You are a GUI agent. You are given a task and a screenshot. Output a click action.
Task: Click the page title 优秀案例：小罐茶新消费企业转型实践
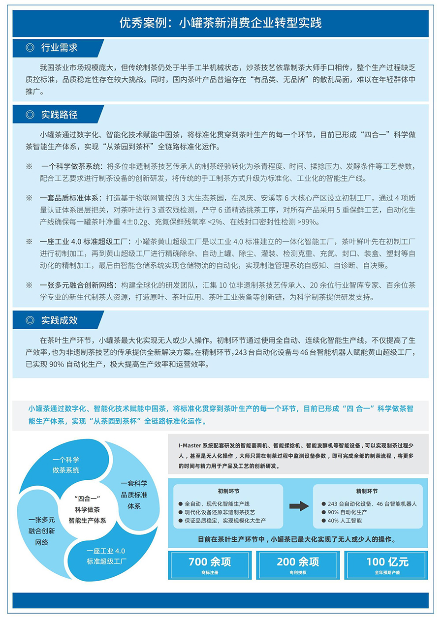(x=221, y=23)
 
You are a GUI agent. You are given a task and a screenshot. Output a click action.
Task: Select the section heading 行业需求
(x=59, y=48)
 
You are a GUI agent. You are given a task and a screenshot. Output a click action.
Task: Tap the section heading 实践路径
(x=59, y=115)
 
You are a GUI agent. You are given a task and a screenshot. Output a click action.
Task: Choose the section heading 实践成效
(x=59, y=320)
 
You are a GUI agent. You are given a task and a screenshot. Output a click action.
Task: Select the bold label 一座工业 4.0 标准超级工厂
(x=85, y=242)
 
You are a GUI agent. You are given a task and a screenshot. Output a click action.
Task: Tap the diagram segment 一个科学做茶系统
(x=66, y=465)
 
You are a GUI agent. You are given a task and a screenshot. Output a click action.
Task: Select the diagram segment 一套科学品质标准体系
(x=134, y=494)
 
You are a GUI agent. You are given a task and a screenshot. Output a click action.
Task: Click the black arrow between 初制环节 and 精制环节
(x=299, y=505)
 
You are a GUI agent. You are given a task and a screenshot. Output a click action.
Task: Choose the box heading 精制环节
(x=367, y=491)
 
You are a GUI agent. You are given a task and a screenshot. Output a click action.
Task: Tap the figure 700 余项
(x=210, y=562)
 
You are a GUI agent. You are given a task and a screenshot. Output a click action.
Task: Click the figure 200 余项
(x=298, y=562)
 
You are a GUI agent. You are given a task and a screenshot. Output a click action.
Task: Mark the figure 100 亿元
(x=387, y=562)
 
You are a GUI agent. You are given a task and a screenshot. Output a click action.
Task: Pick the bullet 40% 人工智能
(x=345, y=521)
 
